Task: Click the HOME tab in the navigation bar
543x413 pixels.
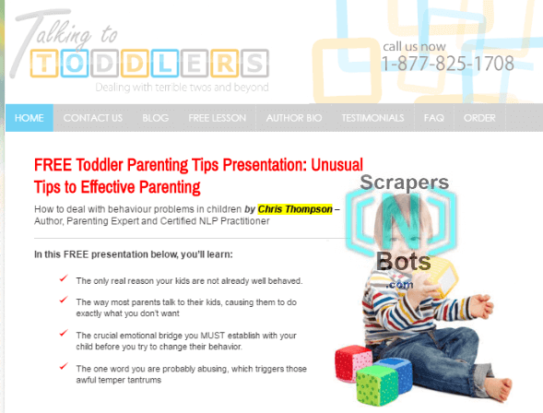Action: tap(30, 118)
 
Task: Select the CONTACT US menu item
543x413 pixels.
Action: tap(93, 118)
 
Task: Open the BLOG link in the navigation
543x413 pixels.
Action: tap(156, 118)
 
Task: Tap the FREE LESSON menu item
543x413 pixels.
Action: tap(217, 118)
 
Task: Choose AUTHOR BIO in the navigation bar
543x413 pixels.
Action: tap(292, 118)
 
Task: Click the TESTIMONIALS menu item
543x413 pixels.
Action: tap(372, 118)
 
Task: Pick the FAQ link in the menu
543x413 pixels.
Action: tap(433, 118)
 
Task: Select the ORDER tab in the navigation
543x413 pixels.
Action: tap(479, 118)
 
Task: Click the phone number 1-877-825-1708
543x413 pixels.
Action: tap(447, 64)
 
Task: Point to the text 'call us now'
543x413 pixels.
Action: tap(414, 46)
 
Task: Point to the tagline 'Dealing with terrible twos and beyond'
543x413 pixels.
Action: tap(182, 88)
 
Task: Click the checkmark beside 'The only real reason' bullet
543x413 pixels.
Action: tap(63, 278)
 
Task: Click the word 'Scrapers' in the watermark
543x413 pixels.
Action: tap(406, 183)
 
